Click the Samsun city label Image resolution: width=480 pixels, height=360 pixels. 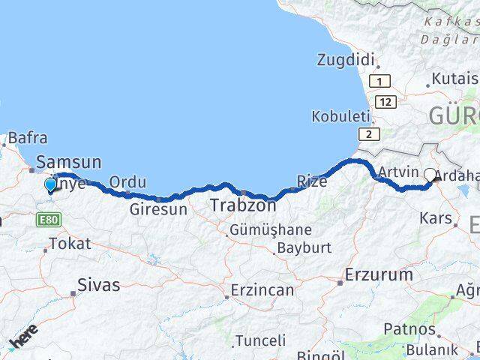tap(69, 161)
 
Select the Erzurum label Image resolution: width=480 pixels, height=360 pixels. tap(379, 275)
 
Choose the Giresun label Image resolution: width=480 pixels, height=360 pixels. tap(158, 209)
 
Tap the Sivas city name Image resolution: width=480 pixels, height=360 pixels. tap(99, 285)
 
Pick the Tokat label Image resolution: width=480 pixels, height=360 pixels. tap(70, 244)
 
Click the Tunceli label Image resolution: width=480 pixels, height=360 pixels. tap(259, 340)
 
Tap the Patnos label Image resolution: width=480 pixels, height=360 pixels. tap(409, 328)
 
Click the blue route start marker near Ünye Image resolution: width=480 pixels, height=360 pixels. tap(51, 184)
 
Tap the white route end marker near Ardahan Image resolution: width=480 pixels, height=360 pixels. tap(430, 175)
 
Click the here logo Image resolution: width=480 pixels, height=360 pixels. tap(24, 341)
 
